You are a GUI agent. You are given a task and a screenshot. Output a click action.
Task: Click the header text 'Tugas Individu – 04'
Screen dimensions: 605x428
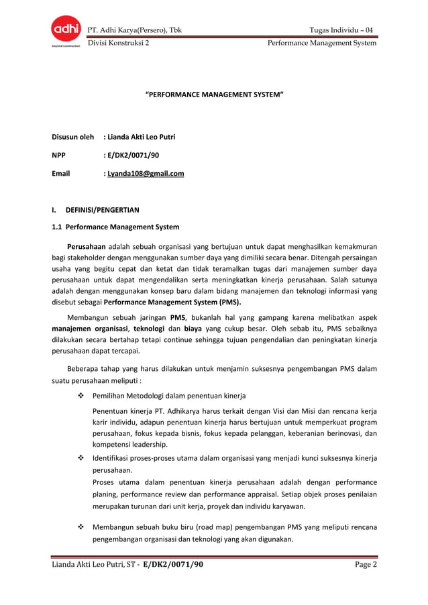point(341,30)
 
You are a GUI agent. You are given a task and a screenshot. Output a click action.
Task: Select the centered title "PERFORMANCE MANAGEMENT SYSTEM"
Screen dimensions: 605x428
point(215,97)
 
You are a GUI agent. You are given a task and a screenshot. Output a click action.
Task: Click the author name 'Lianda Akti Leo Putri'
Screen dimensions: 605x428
point(142,137)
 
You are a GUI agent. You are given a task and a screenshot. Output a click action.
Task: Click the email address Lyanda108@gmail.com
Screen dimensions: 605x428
point(146,174)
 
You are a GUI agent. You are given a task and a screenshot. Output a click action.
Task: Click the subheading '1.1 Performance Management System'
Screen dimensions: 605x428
point(115,227)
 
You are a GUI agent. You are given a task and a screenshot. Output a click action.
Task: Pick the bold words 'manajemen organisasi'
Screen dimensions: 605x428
point(90,329)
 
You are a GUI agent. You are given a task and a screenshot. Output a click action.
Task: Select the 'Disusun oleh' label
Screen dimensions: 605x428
point(72,137)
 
